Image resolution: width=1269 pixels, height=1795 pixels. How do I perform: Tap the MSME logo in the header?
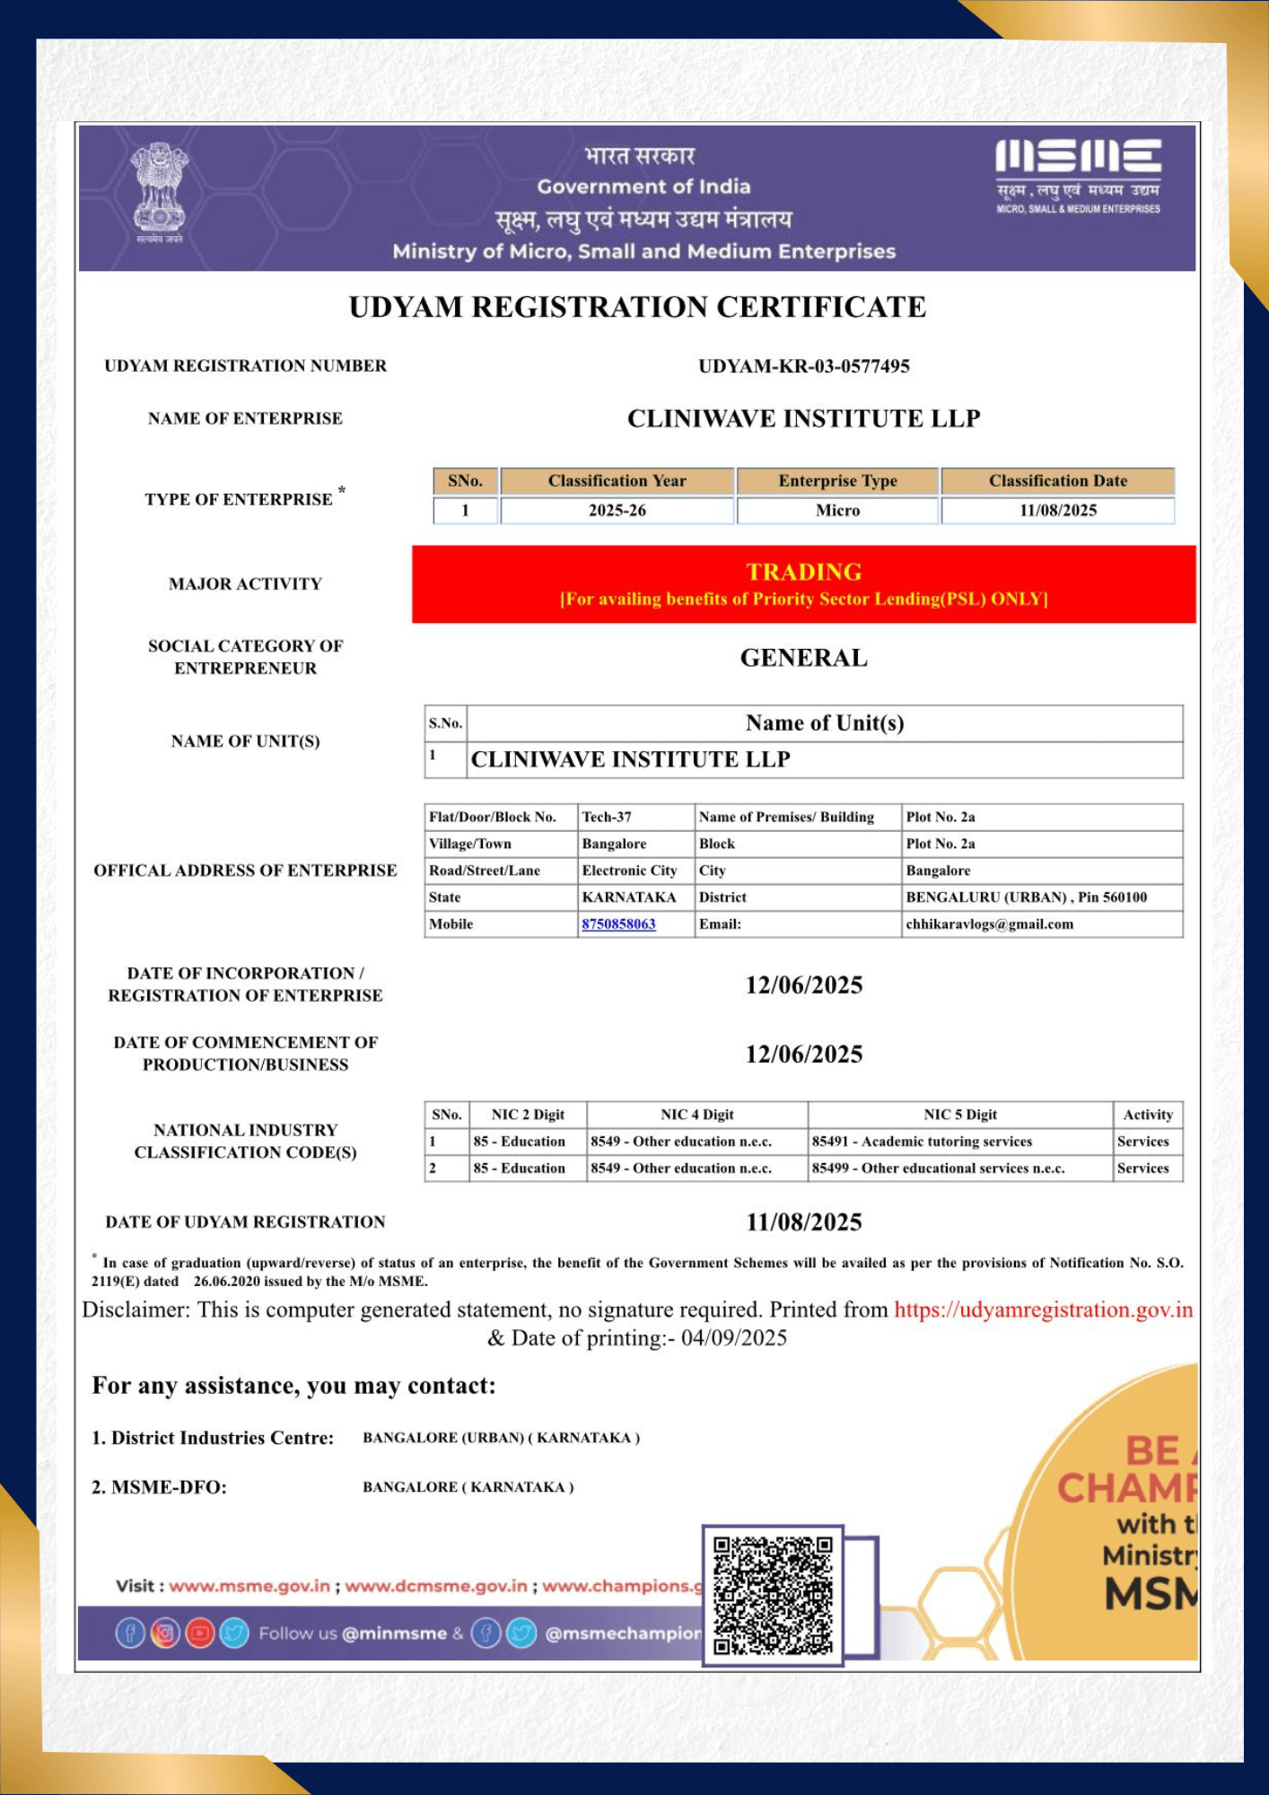pos(1078,175)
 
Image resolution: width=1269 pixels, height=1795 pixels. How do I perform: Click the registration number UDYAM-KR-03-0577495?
pos(803,366)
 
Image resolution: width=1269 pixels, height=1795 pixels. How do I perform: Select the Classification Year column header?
pos(617,481)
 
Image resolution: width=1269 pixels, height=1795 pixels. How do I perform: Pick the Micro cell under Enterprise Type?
pos(837,511)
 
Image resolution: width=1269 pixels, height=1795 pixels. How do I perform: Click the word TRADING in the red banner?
pos(803,572)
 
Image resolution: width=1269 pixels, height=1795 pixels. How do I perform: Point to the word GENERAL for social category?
pos(803,658)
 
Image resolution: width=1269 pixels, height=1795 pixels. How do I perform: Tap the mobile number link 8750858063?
pos(618,924)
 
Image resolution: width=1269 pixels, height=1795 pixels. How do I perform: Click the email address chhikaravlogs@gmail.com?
pos(989,924)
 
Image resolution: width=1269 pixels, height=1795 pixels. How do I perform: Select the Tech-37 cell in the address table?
pos(607,817)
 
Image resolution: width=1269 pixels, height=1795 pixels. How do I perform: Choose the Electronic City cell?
pos(629,871)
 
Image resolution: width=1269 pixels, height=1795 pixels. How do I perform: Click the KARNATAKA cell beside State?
pos(628,897)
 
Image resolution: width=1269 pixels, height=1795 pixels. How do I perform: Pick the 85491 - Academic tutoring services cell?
pos(922,1142)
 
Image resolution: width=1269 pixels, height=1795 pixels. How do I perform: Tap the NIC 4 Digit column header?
pos(696,1115)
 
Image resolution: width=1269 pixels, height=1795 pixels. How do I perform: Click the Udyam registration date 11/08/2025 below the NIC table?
pos(803,1222)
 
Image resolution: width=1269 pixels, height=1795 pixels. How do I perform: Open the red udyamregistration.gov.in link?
pos(1043,1309)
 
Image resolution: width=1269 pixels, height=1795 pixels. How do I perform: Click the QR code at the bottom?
pos(772,1595)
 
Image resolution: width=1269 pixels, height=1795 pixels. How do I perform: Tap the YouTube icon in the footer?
pos(199,1633)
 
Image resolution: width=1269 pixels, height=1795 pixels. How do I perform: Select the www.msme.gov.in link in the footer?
pos(249,1586)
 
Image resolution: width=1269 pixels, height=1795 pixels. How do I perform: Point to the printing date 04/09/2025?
pos(733,1338)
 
